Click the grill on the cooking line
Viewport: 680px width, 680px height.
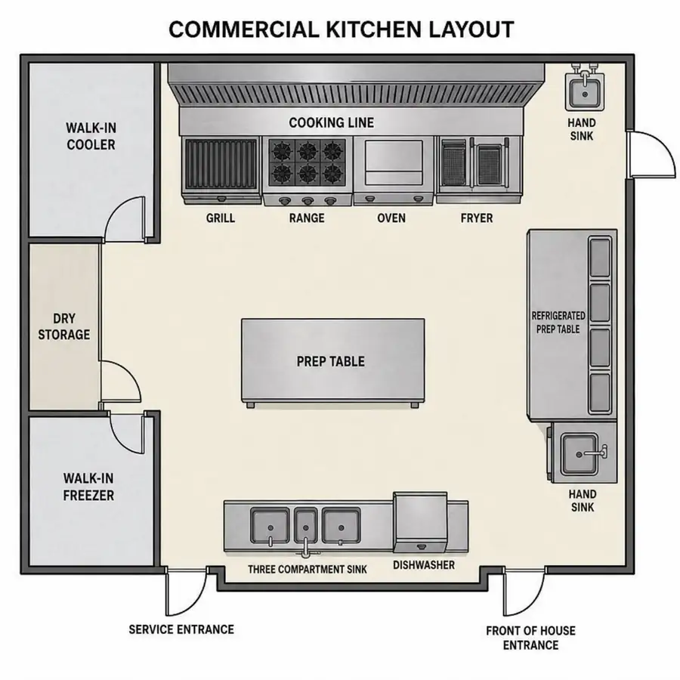[221, 171]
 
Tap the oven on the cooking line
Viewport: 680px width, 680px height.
[394, 171]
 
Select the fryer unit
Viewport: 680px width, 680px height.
[478, 169]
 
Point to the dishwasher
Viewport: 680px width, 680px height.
[420, 523]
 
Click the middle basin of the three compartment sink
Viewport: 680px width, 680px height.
[306, 527]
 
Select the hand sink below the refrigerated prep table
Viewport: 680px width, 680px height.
[582, 453]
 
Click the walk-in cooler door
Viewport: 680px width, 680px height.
[125, 219]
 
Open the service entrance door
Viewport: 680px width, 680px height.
[187, 591]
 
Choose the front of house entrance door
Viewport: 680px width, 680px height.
[524, 591]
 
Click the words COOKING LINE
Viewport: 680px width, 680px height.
[332, 122]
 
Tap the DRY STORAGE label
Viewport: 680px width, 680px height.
[64, 326]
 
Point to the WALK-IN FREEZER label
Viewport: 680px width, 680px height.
[88, 487]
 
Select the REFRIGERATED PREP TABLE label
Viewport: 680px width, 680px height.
[558, 322]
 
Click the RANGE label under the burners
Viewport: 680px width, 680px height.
[307, 218]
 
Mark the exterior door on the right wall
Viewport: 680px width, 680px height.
[651, 154]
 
